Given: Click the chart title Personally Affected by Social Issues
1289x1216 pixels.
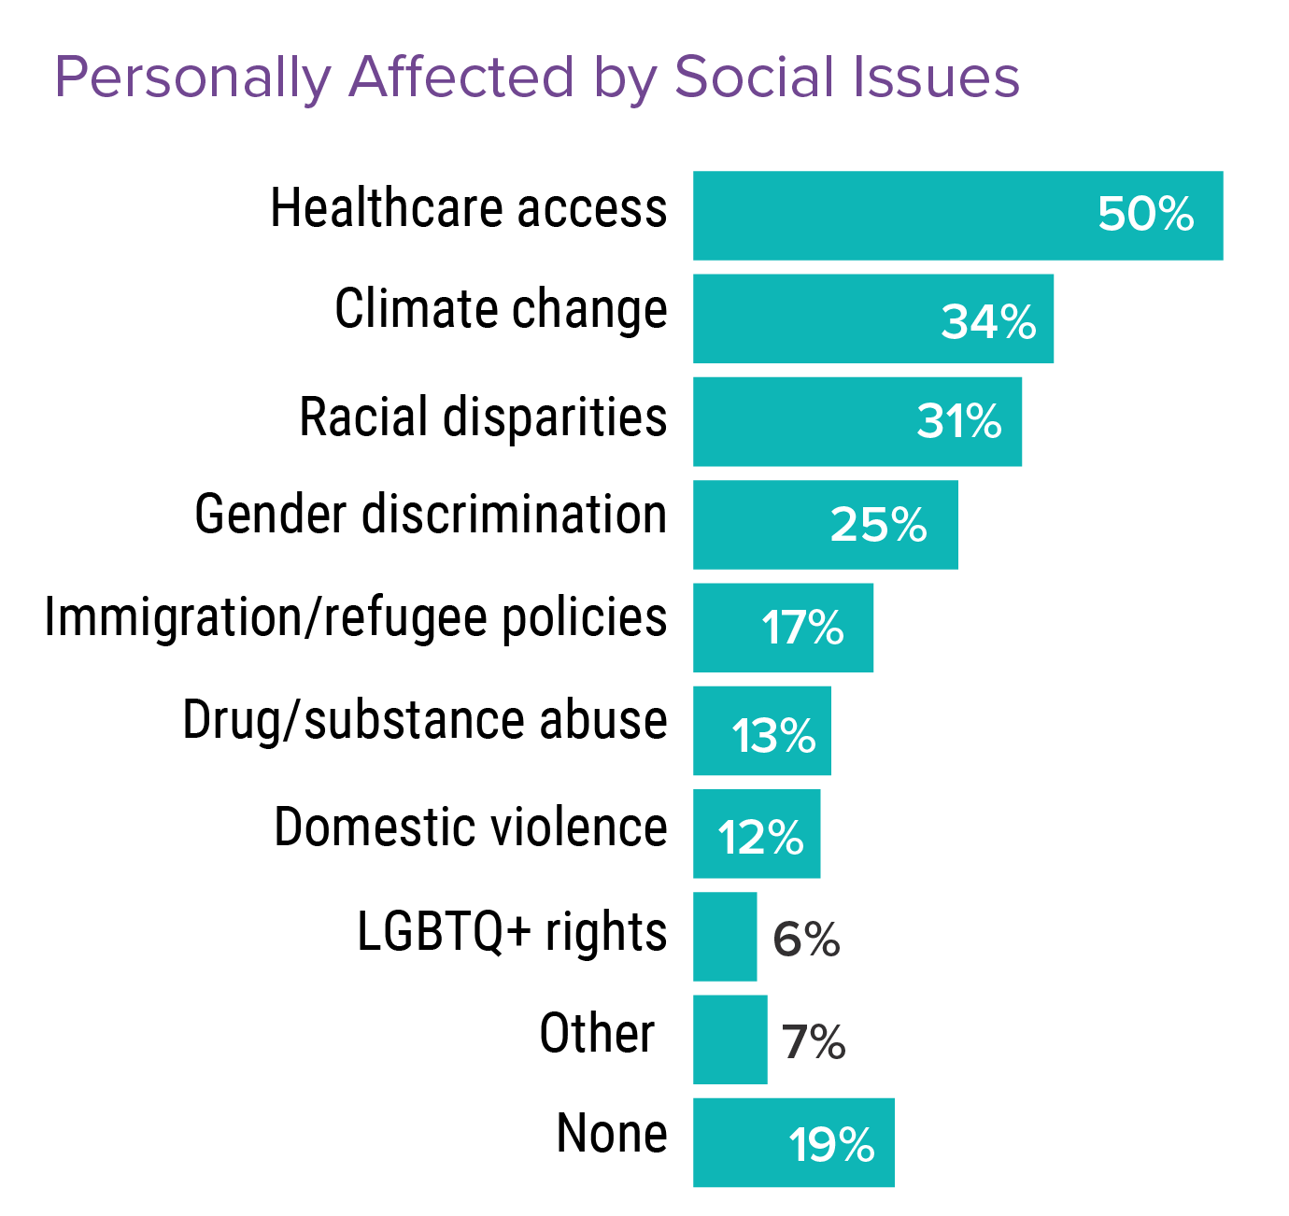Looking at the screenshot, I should point(537,78).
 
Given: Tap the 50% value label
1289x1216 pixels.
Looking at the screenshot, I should point(1145,214).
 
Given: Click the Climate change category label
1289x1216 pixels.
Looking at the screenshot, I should point(501,310).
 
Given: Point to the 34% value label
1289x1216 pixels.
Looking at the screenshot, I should point(988,322).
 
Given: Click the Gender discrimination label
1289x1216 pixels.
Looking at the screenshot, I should point(431,516).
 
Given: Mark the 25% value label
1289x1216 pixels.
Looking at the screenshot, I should point(878,525).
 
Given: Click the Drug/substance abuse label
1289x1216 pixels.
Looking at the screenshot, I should point(425,721).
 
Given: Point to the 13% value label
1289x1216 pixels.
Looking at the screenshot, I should point(773,736).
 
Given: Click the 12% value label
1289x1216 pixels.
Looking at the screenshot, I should point(760,838).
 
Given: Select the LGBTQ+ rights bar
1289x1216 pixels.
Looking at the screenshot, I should point(725,937).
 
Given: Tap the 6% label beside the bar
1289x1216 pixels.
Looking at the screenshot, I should point(806,939).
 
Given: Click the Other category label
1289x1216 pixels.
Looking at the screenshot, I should point(597,1034).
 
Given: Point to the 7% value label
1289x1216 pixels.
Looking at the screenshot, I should point(814,1041).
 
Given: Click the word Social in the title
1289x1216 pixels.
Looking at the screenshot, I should point(746,78).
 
